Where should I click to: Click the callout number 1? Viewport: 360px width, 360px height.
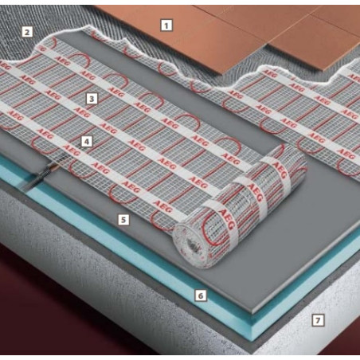[x=166, y=25]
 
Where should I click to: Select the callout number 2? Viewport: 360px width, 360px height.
[x=27, y=32]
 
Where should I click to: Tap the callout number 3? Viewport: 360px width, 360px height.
[x=92, y=99]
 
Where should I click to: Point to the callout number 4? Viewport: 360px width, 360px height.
[x=87, y=142]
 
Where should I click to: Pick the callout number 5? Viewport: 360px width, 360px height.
[x=123, y=220]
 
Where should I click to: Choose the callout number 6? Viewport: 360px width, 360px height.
[x=201, y=295]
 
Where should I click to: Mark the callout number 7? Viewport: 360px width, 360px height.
[x=318, y=320]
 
